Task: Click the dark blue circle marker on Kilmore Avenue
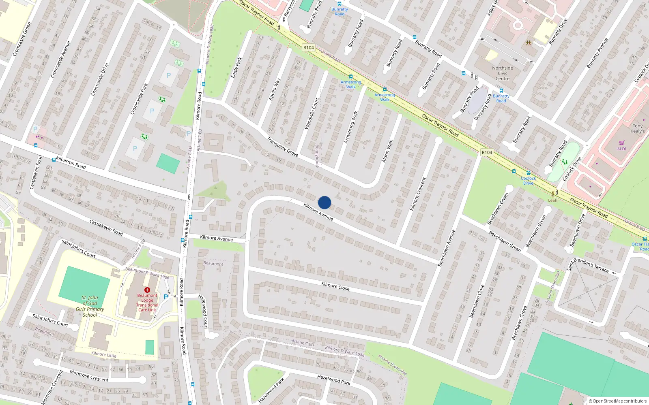324,202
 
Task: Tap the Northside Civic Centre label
503,73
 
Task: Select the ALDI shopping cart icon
621,143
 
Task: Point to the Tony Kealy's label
637,128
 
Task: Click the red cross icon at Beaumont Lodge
147,290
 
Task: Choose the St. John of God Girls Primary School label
90,306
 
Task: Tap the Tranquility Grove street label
282,147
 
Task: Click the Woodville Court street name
312,114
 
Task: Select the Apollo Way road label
275,90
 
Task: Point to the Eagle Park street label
236,68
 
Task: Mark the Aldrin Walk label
387,151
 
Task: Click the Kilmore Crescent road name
418,194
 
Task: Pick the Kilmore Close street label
335,286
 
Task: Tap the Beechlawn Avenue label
447,248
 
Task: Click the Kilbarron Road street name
71,162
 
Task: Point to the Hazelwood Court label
204,311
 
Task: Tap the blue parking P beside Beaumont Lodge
166,297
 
